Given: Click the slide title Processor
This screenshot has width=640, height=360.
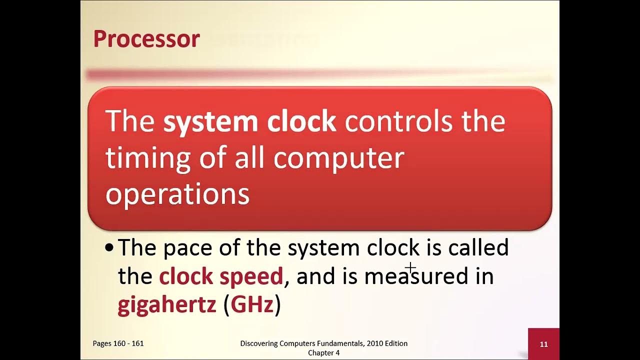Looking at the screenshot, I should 146,39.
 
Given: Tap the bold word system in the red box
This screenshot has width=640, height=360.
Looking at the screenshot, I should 210,122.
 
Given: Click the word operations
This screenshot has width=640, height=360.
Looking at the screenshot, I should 177,194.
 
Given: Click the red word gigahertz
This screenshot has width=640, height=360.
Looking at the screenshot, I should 166,305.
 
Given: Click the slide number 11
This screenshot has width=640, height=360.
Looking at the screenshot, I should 543,344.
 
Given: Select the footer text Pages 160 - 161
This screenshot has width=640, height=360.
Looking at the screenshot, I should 118,343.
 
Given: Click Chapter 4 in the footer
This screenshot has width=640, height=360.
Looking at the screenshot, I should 323,353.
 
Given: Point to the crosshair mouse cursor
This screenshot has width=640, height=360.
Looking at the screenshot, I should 410,268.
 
